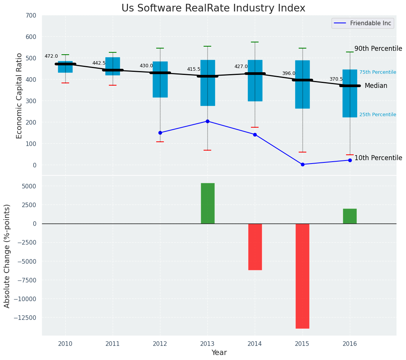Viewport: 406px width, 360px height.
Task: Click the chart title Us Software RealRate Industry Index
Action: pos(213,8)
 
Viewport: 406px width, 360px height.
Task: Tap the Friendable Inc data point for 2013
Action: pos(207,121)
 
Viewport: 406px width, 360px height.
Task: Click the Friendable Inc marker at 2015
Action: pos(302,164)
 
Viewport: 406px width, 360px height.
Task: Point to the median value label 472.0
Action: pos(51,56)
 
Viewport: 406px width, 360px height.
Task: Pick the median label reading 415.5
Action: pos(194,69)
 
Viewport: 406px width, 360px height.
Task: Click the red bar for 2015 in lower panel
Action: pos(302,276)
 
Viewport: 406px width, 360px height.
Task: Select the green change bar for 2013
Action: pos(207,203)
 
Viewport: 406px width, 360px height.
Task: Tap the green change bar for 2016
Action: pos(350,216)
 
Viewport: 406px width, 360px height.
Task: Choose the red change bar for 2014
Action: pos(255,247)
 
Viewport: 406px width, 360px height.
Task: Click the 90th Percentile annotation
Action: pos(378,49)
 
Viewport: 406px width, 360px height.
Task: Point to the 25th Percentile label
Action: pos(377,115)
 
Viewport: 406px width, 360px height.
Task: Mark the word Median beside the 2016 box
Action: pos(376,86)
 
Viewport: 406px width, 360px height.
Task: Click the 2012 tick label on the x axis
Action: pos(160,344)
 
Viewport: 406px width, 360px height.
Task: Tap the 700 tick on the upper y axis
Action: pos(31,16)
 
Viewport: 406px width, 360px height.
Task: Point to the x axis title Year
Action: pos(219,353)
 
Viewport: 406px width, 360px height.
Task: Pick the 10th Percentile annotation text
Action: pos(378,158)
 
